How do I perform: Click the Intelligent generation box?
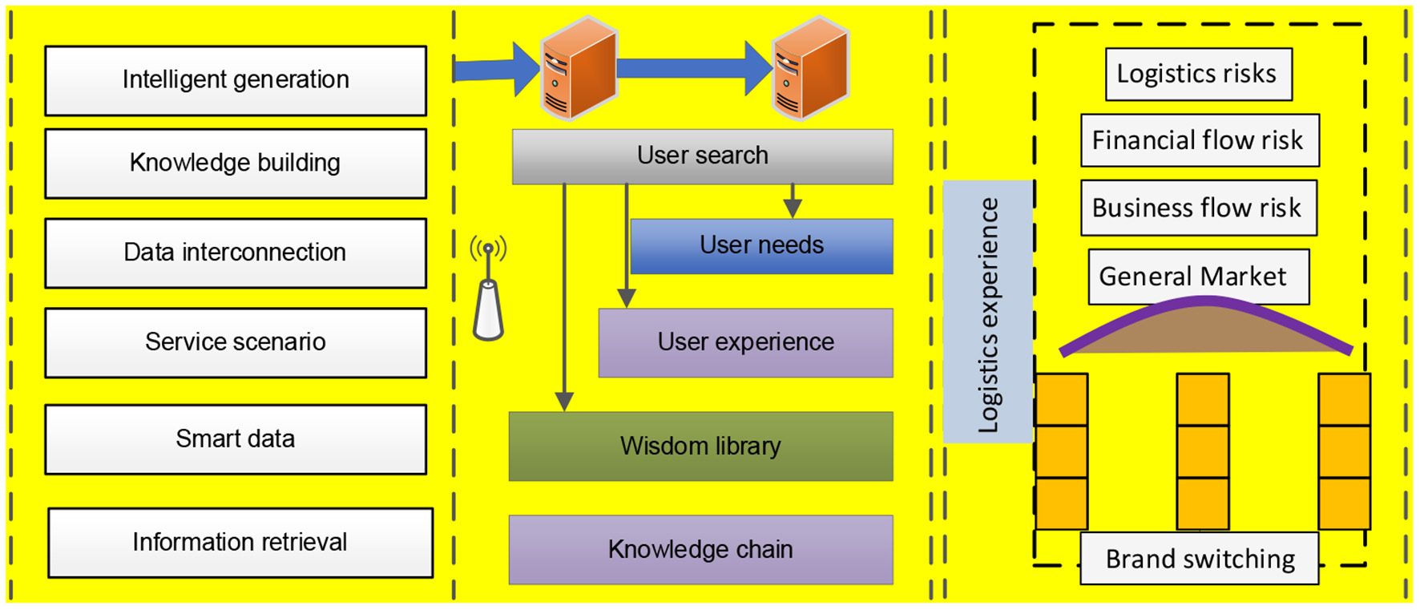coord(236,80)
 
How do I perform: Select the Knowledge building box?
coord(236,164)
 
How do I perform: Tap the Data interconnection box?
coord(236,253)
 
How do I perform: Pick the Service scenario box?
coord(236,342)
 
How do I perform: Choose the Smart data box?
coord(236,439)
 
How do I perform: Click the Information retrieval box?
coord(240,543)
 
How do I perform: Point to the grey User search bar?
coord(702,156)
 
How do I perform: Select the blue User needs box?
coord(761,246)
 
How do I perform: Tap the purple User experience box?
coord(745,342)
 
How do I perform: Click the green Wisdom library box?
coord(700,446)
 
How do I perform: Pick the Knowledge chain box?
coord(700,550)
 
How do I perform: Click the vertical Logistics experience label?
coord(988,313)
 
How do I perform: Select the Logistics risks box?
coord(1198,75)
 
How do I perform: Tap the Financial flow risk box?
coord(1199,140)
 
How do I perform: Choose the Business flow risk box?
coord(1198,208)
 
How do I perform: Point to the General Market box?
coord(1197,277)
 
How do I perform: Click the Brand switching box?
coord(1199,559)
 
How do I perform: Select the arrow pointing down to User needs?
coord(793,200)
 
